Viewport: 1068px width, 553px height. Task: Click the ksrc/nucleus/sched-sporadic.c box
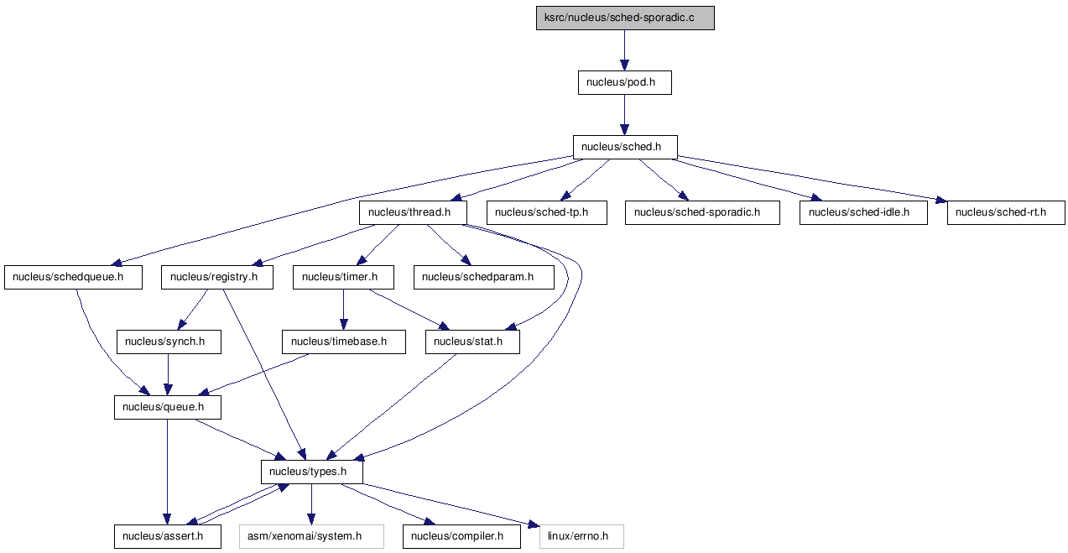[x=625, y=18]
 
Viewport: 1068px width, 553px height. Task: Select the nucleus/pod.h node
[x=624, y=82]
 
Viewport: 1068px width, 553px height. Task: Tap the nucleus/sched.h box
[x=624, y=148]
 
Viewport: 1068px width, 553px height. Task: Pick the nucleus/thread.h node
[x=413, y=212]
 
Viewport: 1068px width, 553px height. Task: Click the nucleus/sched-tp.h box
[x=546, y=212]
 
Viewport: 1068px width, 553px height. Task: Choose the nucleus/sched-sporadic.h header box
[x=702, y=212]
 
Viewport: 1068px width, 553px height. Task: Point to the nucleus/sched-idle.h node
[x=863, y=212]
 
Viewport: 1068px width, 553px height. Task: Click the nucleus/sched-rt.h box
[x=1006, y=212]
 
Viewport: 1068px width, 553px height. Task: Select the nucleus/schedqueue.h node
[x=74, y=277]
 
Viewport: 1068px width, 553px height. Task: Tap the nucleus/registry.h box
[x=217, y=277]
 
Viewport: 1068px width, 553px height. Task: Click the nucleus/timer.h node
[x=343, y=277]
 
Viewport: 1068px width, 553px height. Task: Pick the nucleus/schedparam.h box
[x=484, y=277]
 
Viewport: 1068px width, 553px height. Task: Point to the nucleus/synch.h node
[x=169, y=342]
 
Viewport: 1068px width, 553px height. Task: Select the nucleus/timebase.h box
[x=344, y=342]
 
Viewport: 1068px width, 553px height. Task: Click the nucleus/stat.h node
[x=472, y=342]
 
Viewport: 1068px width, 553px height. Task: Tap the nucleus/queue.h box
[x=167, y=407]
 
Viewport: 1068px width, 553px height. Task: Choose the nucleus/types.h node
[x=312, y=472]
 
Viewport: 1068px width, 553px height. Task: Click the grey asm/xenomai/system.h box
[x=311, y=536]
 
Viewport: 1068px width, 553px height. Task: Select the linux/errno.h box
[x=581, y=536]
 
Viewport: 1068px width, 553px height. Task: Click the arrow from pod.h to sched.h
[x=624, y=115]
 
